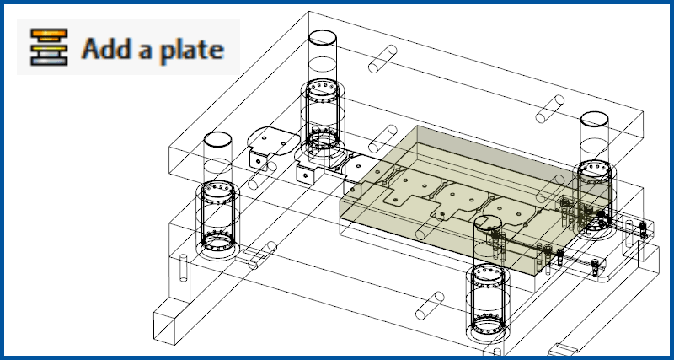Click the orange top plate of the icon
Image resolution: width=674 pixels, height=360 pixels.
click(49, 35)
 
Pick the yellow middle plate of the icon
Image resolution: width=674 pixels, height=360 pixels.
click(49, 49)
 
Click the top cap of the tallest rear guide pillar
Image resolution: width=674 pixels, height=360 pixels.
click(323, 37)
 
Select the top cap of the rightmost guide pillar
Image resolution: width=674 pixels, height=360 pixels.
click(595, 119)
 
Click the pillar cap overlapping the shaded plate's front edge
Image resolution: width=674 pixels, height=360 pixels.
click(488, 223)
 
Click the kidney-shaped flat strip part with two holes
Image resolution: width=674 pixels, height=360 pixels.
click(273, 140)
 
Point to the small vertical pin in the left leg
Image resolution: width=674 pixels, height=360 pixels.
click(184, 268)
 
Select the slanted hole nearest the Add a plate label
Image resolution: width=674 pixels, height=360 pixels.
click(382, 59)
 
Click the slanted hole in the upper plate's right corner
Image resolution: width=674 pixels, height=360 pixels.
click(550, 109)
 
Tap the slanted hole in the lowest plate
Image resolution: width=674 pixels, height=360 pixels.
click(430, 305)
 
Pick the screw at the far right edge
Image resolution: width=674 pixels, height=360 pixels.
click(643, 230)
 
